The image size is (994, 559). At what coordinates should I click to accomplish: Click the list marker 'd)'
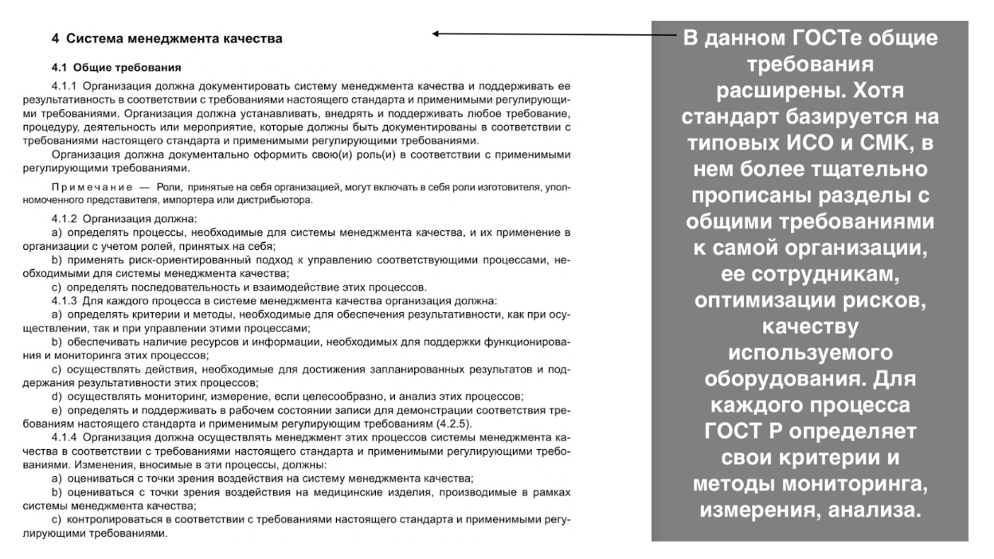pos(56,397)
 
